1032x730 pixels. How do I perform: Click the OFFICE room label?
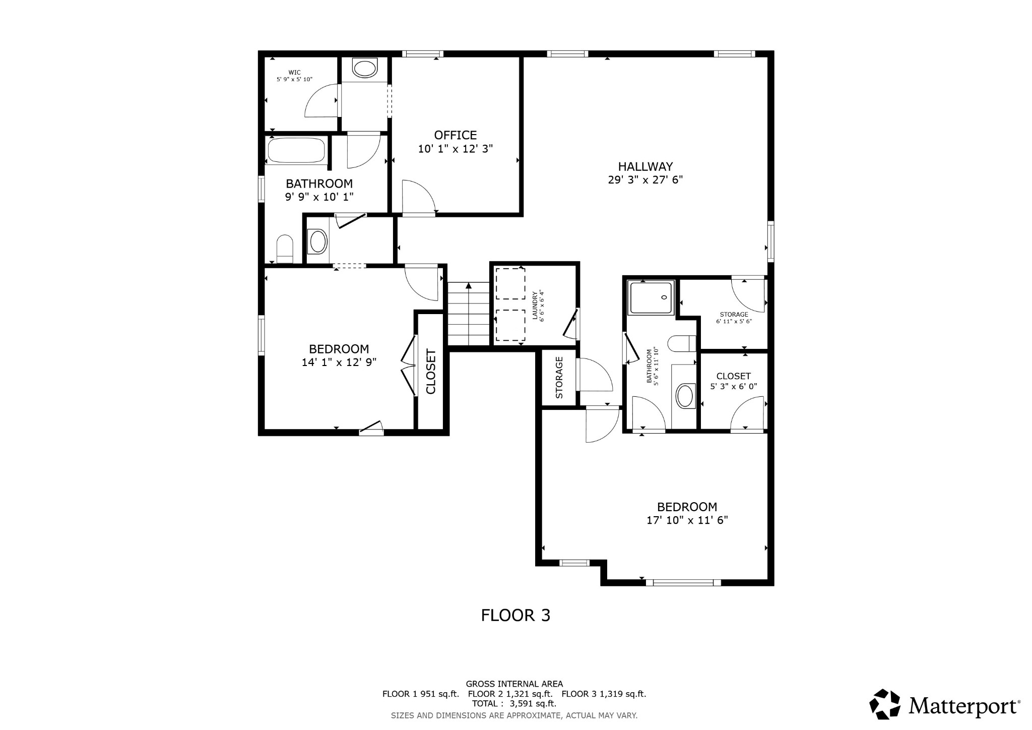point(455,135)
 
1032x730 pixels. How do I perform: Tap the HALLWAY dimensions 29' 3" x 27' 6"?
point(645,180)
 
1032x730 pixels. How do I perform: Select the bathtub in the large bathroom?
point(296,150)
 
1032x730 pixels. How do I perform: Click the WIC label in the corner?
point(294,73)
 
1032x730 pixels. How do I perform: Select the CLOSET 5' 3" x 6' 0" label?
point(733,381)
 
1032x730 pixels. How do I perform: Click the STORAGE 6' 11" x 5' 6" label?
point(734,318)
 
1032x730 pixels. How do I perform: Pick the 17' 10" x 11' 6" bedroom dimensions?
point(687,520)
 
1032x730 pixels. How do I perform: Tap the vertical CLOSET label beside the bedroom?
point(431,371)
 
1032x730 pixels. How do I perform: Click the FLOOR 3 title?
point(515,616)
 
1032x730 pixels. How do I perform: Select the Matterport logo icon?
point(884,704)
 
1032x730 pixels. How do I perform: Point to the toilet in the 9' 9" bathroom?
point(285,248)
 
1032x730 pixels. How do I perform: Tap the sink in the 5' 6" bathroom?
point(684,396)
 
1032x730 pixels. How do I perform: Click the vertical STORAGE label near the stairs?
point(559,377)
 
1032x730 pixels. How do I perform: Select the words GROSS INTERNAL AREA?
point(514,684)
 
